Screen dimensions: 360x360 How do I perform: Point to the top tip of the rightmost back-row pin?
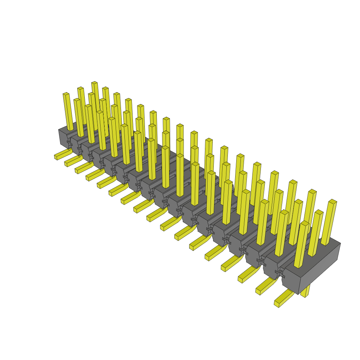[333, 201]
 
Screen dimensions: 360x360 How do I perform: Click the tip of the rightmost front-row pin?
[305, 223]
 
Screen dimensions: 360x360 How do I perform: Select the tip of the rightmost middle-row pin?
[319, 212]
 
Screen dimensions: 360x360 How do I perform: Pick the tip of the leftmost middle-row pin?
[81, 88]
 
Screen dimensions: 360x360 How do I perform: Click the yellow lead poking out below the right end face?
[306, 292]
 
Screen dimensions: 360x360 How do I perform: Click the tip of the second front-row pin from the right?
[284, 212]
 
